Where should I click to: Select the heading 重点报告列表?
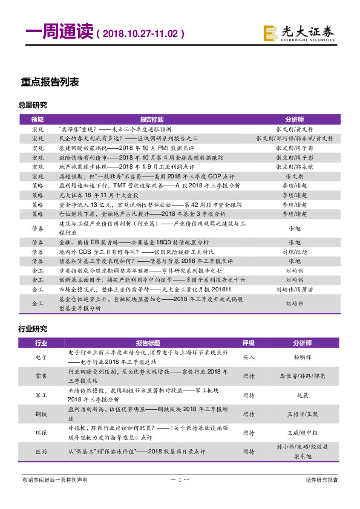[x=50, y=82]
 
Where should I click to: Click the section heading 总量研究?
[x=33, y=105]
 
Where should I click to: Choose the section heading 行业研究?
[x=33, y=329]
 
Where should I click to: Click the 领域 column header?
[x=38, y=120]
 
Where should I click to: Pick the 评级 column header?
[x=248, y=343]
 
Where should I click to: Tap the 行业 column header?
[x=41, y=343]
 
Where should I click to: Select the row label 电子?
[x=41, y=357]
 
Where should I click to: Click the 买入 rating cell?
[x=248, y=357]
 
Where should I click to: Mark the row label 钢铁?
[x=41, y=414]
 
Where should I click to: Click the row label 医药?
[x=41, y=452]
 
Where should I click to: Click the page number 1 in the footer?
[x=179, y=480]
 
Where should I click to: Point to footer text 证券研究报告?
[x=322, y=480]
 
